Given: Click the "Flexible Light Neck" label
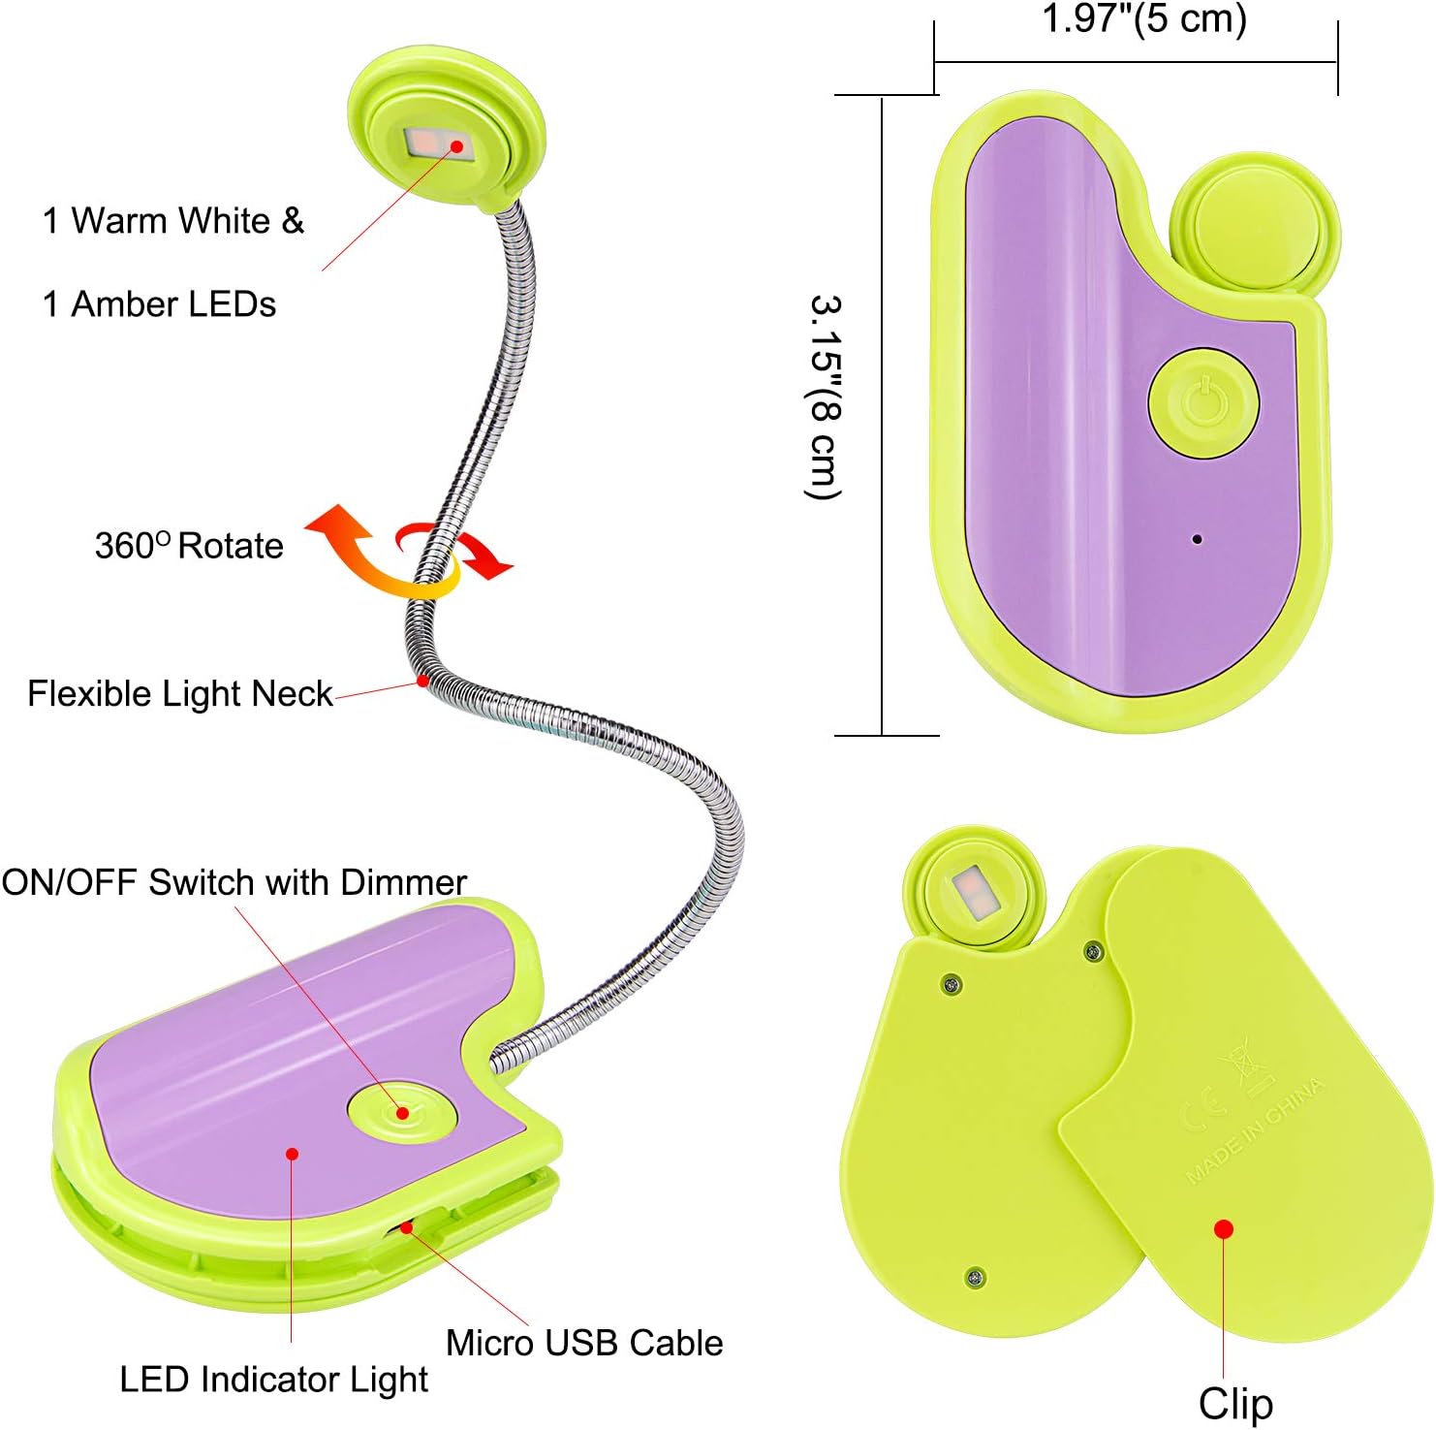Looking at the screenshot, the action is coord(180,694).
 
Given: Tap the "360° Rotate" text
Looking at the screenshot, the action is coord(189,545).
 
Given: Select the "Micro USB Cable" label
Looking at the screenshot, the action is coord(584,1343).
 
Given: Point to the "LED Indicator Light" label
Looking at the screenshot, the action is coord(273,1380).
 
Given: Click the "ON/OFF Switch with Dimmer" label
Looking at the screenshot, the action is coord(234,882).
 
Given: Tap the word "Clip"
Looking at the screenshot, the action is coord(1235,1404).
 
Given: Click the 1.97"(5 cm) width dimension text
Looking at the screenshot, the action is coord(1143,19).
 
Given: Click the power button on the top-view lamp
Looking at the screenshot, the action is coord(1203,402).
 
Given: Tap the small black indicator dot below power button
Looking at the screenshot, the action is coord(1198,539).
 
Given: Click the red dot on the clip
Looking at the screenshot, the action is coord(1224,1229).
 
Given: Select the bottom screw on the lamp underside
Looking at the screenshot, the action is coord(977,1278).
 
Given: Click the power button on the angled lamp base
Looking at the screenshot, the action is coord(402,1112).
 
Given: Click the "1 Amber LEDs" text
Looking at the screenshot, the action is coord(160,304).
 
